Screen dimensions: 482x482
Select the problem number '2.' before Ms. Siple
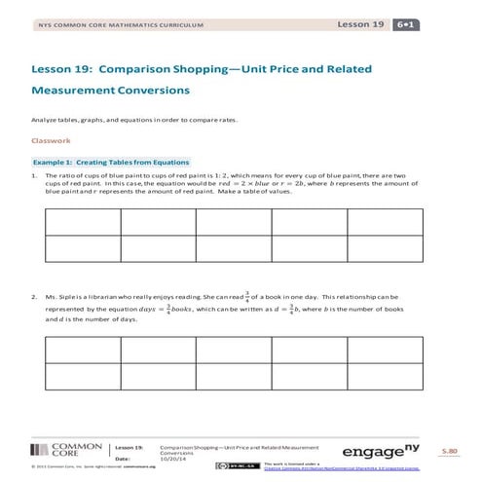[35, 296]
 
